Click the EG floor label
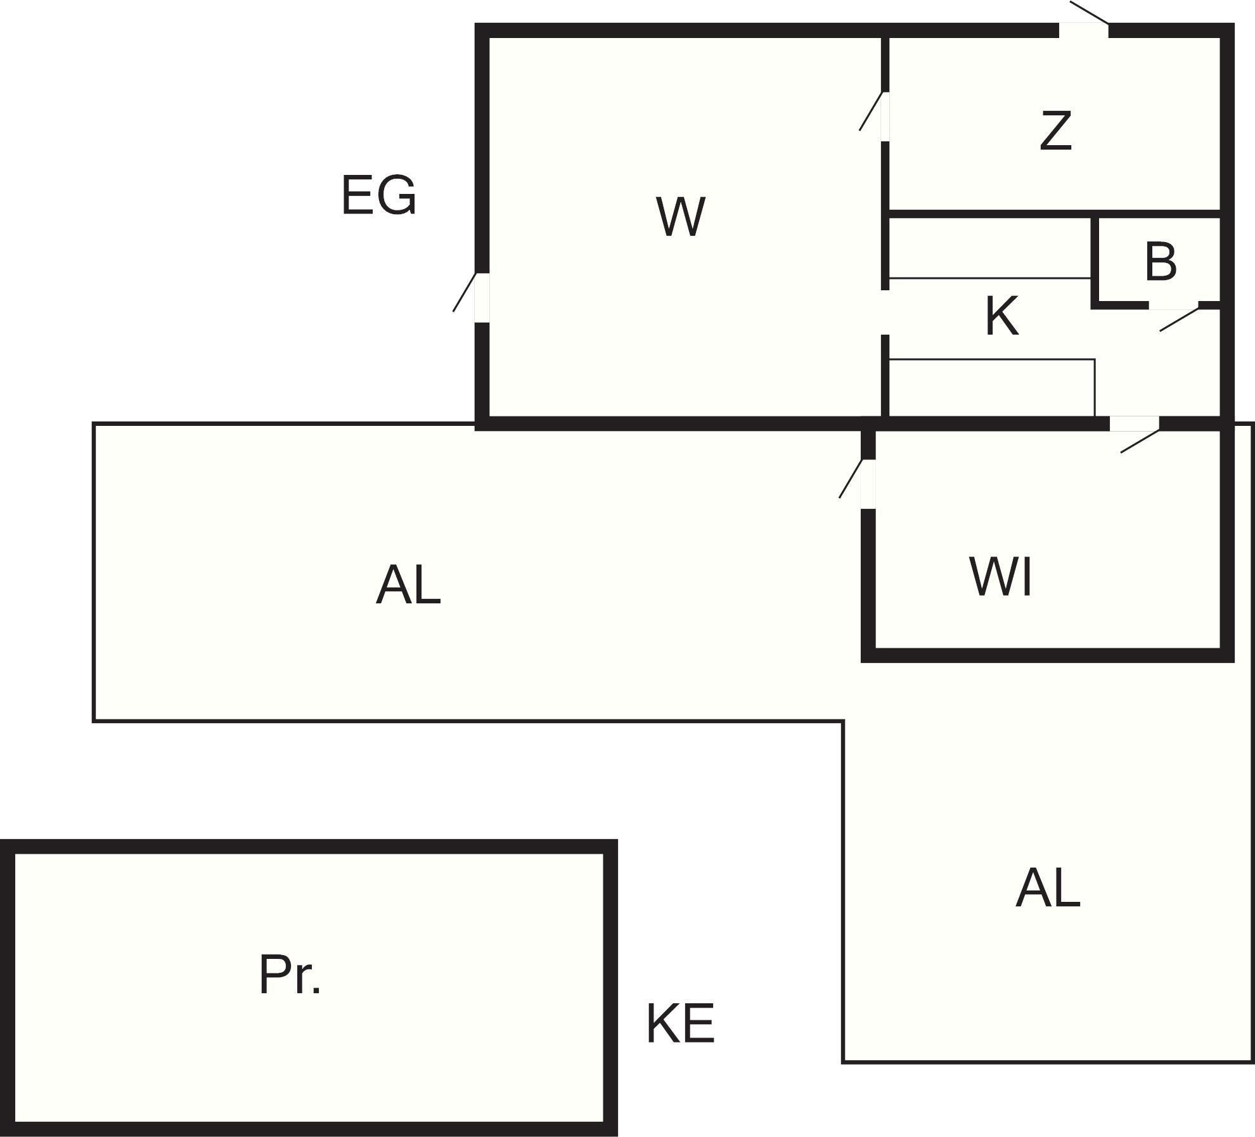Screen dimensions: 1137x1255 tap(378, 195)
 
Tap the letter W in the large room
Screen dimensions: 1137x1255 tap(680, 217)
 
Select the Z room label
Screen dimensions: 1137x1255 tap(1055, 131)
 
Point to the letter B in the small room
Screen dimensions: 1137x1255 tap(1161, 262)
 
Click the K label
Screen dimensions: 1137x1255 tap(1002, 316)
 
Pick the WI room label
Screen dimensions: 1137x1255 tap(1001, 577)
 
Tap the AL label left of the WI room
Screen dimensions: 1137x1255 tap(408, 586)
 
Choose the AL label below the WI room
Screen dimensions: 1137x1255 tap(1048, 889)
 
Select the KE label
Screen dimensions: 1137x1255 tap(680, 1024)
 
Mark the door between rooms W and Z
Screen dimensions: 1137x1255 tap(884, 117)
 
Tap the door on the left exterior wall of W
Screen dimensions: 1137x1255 tap(482, 297)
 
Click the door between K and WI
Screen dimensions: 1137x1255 tap(1134, 423)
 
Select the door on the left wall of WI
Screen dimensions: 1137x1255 tap(868, 484)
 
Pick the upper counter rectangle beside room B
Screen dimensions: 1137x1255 tap(990, 248)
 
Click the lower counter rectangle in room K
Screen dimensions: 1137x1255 tap(992, 388)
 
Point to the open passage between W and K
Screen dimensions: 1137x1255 tap(885, 312)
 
